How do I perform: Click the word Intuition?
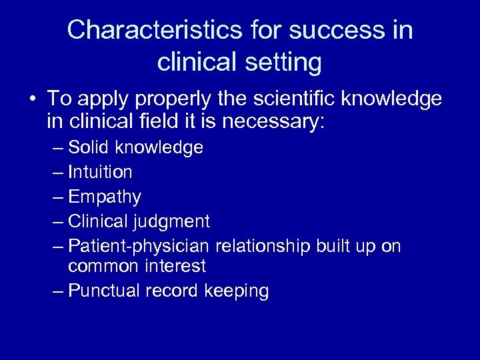(x=99, y=172)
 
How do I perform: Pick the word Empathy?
(x=104, y=197)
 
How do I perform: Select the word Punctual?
(x=103, y=291)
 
